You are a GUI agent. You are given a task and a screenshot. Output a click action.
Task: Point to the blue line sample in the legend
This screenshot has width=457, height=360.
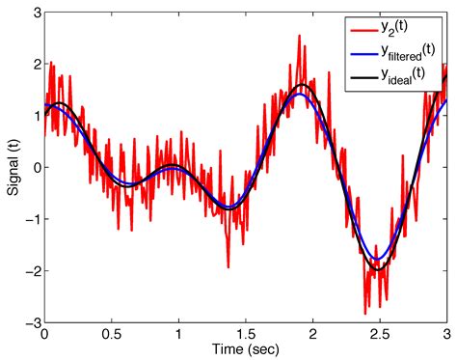(x=363, y=48)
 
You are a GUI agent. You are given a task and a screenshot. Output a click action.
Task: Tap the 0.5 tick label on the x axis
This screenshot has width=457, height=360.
(x=111, y=331)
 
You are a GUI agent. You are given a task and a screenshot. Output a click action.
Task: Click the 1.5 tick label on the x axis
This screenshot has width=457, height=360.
(x=246, y=331)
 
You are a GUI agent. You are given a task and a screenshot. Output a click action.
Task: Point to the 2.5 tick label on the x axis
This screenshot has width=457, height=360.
(x=380, y=331)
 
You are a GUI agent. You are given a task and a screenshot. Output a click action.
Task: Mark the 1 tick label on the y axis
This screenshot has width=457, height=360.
(x=34, y=117)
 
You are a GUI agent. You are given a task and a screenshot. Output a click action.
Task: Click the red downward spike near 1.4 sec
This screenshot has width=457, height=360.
(x=228, y=266)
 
